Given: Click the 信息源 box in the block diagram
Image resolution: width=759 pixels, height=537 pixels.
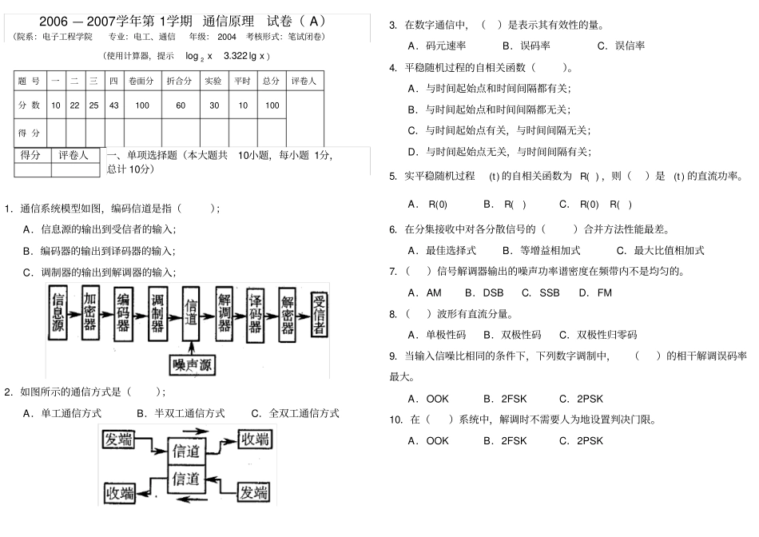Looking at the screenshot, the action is (x=58, y=312).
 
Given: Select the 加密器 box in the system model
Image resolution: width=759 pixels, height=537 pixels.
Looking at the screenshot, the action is (x=90, y=311).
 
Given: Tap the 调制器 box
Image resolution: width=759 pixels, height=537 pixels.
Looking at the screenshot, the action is (x=157, y=312).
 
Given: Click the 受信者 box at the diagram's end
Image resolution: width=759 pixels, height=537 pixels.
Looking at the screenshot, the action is (x=319, y=311).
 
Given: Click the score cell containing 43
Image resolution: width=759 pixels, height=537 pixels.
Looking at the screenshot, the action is (x=114, y=105).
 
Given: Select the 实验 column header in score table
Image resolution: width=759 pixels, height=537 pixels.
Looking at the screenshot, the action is (x=213, y=81).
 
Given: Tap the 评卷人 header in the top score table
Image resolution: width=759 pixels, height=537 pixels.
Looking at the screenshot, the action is (x=304, y=81).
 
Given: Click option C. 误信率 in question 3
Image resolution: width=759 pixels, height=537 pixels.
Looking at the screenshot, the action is (x=621, y=46).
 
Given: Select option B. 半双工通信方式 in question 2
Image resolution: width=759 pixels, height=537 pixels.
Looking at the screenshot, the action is (x=181, y=413).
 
